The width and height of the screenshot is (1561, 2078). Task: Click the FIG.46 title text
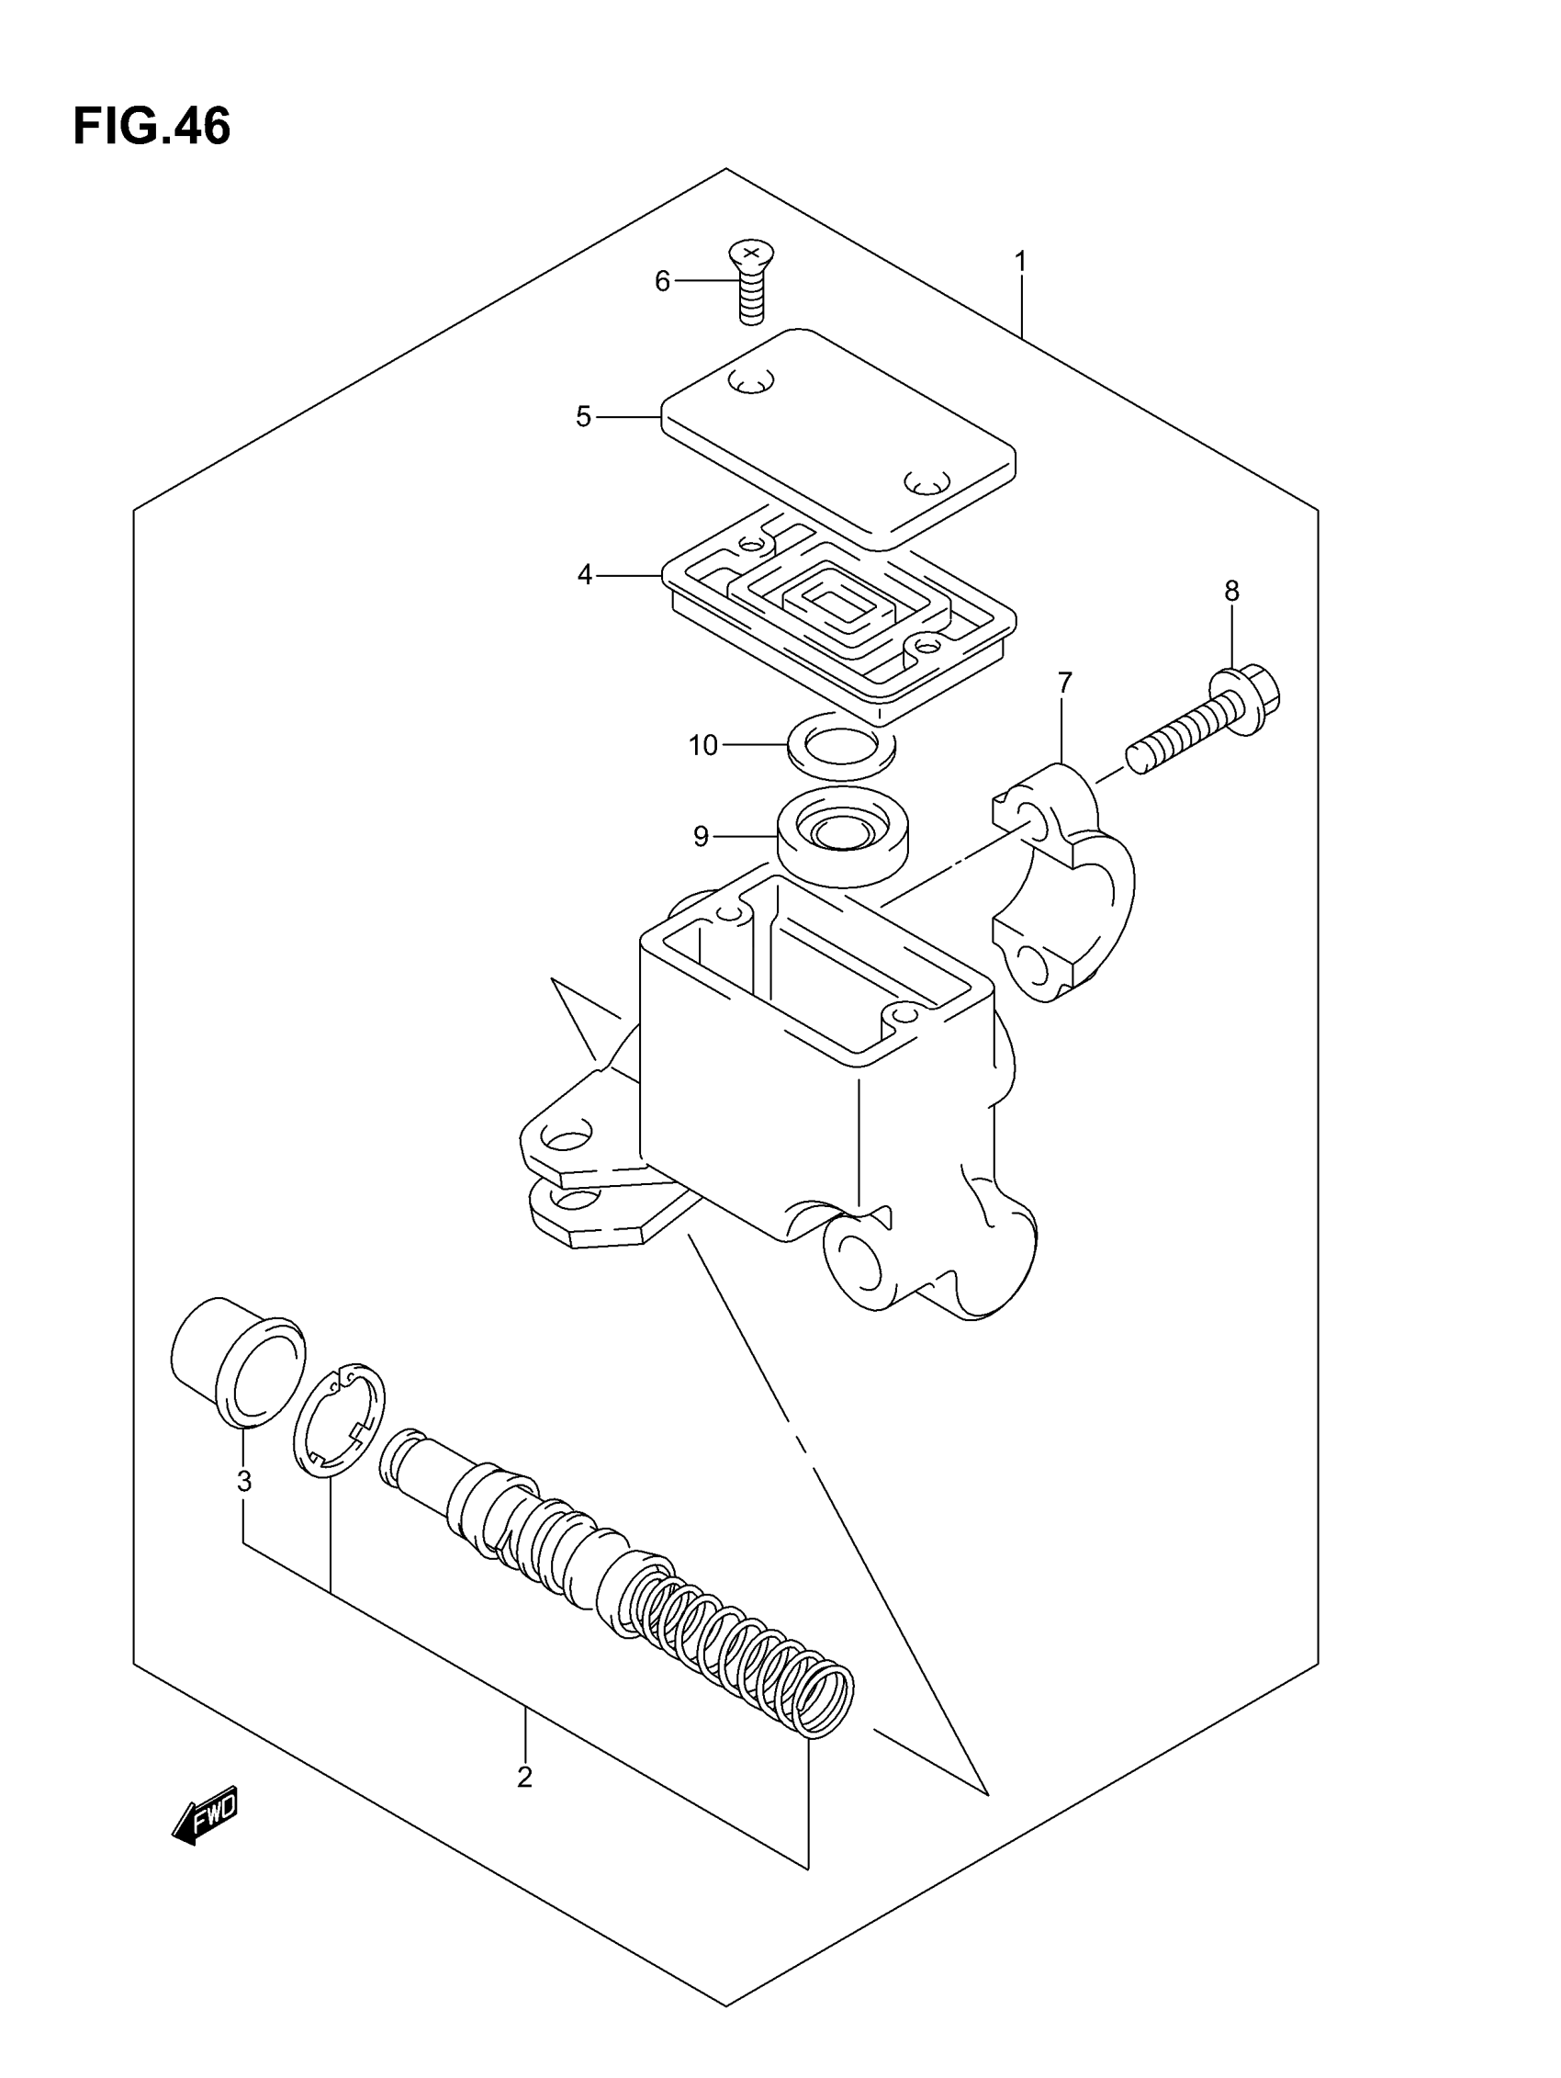152,127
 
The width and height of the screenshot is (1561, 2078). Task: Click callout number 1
1020,261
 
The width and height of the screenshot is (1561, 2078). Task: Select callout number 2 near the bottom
524,1777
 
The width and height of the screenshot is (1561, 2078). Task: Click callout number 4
585,574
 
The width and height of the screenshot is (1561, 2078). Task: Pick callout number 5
583,416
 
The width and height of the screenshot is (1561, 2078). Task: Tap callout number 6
662,281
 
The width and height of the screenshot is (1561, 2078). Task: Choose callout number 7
1063,683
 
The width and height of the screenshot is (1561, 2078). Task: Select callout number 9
701,835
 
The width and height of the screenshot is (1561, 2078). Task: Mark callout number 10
702,745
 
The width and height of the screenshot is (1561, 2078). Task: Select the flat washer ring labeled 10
841,746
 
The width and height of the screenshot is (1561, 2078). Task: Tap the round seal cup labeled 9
843,835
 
